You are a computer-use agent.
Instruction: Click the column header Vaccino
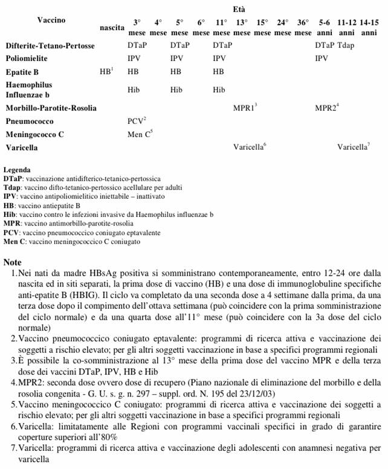click(51, 20)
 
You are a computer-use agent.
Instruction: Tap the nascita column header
click(112, 28)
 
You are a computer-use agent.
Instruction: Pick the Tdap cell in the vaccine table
click(347, 45)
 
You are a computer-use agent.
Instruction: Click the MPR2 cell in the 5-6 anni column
click(327, 107)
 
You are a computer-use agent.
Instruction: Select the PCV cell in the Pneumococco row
click(137, 121)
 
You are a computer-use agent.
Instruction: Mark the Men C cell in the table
click(140, 134)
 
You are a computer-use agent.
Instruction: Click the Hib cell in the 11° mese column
click(220, 89)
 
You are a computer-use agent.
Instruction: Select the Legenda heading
click(17, 170)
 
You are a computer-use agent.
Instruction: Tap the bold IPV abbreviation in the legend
click(9, 196)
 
